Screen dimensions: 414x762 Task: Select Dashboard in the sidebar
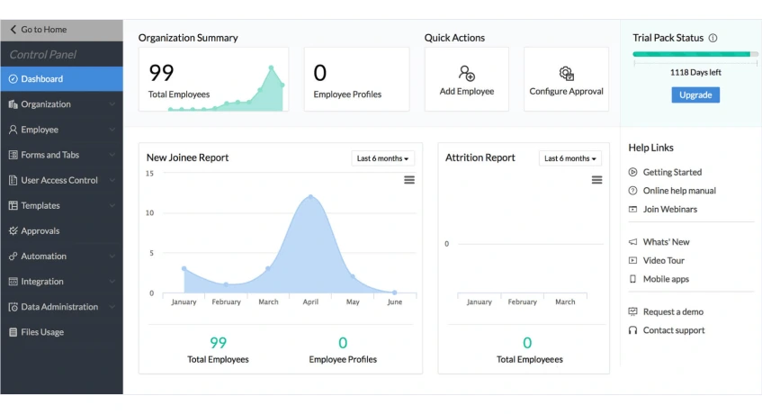(41, 79)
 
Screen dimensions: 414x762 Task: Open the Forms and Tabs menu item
(49, 155)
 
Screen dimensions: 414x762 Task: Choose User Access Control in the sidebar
(59, 180)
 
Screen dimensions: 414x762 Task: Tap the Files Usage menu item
(42, 332)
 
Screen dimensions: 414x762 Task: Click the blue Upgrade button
(695, 94)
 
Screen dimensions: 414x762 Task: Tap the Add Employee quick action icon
(466, 73)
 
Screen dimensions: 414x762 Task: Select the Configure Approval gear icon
(566, 73)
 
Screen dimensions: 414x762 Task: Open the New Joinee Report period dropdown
(382, 158)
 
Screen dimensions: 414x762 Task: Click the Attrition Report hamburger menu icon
(596, 180)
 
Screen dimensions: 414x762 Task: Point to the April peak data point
(310, 196)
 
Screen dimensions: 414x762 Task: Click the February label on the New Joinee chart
(226, 302)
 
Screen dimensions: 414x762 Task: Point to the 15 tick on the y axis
(149, 173)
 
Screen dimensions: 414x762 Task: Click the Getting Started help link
(672, 172)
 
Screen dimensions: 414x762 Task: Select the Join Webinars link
(669, 209)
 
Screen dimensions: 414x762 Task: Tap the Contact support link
(673, 330)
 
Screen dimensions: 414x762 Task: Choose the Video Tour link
(664, 260)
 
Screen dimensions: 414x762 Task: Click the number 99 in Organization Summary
(161, 72)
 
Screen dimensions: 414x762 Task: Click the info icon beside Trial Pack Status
(713, 38)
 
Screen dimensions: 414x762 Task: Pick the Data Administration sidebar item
(59, 307)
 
